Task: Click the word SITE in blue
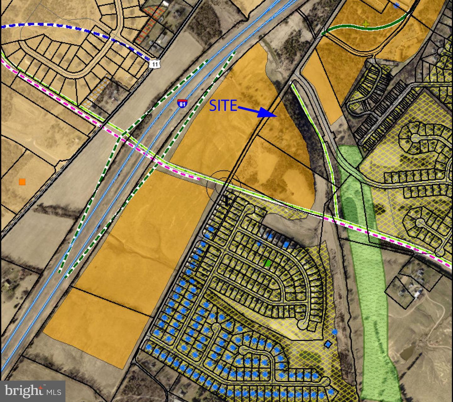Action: click(x=223, y=106)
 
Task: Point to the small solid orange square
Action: click(x=22, y=182)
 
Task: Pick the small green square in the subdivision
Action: click(x=268, y=263)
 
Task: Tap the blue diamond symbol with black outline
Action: click(x=328, y=344)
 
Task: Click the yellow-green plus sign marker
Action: click(x=365, y=24)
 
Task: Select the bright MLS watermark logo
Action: click(x=33, y=391)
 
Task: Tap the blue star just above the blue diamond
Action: click(x=335, y=331)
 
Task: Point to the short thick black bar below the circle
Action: click(x=226, y=200)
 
